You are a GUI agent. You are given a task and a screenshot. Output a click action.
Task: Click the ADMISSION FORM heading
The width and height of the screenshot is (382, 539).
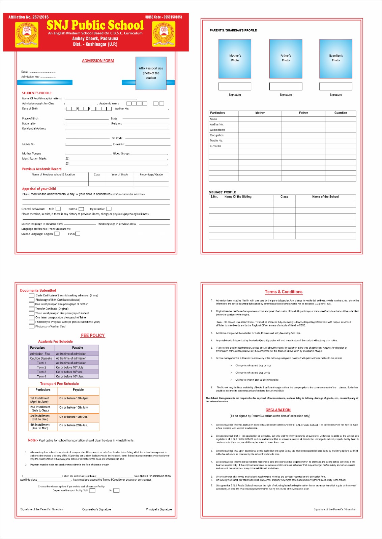click(98, 61)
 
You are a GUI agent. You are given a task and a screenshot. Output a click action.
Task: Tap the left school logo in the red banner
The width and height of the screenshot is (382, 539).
click(27, 34)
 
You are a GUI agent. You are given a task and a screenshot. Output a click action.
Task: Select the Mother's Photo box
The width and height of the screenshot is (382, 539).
click(235, 59)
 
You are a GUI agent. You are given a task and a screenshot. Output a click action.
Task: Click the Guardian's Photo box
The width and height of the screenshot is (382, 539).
click(335, 59)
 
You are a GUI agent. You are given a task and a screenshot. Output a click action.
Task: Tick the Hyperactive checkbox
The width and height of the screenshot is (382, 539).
click(109, 209)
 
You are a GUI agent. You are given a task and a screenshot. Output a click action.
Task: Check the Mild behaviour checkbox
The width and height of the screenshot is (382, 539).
click(58, 209)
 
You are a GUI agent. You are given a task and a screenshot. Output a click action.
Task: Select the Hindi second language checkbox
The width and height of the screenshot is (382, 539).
click(78, 234)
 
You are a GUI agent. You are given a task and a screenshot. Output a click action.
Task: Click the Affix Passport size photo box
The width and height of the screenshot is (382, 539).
click(151, 73)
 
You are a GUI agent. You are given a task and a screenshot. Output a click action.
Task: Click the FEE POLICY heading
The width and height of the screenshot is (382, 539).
click(93, 336)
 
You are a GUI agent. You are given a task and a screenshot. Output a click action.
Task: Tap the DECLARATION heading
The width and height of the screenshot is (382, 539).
click(278, 410)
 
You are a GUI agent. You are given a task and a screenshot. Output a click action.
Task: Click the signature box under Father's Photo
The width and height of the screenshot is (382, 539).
click(286, 86)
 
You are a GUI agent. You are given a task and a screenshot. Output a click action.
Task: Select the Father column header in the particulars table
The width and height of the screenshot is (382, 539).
click(303, 113)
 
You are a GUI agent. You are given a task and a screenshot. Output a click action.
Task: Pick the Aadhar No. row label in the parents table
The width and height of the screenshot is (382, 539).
click(217, 125)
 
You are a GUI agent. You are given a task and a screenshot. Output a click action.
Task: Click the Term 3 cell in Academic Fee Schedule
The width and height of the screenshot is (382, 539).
click(41, 372)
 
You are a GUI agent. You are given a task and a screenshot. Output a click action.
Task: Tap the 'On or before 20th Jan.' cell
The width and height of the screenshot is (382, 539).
click(74, 425)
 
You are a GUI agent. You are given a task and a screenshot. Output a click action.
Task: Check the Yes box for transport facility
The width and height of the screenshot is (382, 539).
click(92, 490)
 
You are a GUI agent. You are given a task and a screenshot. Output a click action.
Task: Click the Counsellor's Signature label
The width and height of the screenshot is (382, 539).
click(96, 509)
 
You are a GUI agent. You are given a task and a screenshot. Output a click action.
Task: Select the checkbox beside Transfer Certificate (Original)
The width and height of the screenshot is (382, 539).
click(32, 309)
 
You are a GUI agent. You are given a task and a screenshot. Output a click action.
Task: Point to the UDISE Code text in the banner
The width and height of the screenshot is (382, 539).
click(164, 17)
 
